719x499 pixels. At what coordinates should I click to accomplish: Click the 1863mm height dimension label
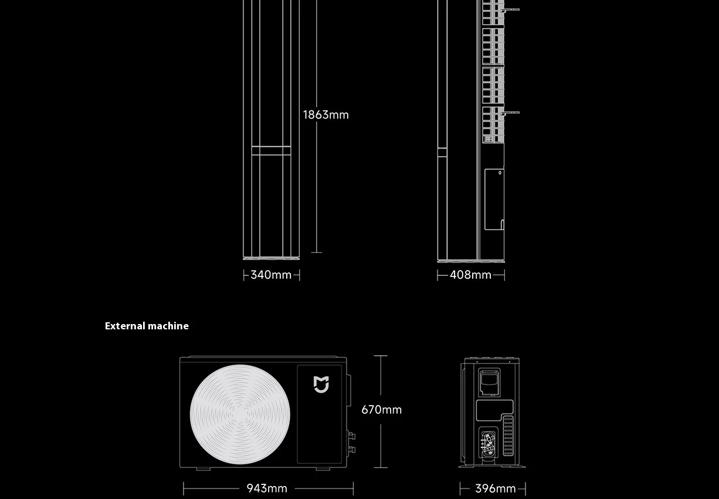click(325, 115)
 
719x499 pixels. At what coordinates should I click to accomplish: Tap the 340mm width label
click(271, 275)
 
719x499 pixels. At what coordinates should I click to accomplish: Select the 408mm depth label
click(470, 275)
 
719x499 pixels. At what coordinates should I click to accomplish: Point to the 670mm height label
click(381, 410)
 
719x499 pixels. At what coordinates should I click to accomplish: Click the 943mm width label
click(267, 488)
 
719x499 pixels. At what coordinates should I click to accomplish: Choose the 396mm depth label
click(495, 488)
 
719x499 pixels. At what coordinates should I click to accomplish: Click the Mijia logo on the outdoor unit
click(321, 385)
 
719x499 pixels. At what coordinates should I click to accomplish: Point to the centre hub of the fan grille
click(240, 415)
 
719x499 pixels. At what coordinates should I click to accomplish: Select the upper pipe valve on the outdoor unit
click(351, 436)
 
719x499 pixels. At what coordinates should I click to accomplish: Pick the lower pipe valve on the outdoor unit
click(351, 450)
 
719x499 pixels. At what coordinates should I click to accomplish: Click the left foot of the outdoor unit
click(203, 468)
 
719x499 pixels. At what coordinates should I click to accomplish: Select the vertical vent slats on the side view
click(508, 436)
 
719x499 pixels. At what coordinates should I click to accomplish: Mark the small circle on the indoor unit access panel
click(500, 173)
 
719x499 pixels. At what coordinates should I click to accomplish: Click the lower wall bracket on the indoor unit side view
click(511, 112)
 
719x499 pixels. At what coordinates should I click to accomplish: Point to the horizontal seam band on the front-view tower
click(271, 151)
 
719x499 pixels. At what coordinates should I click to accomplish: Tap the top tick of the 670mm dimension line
click(381, 356)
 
